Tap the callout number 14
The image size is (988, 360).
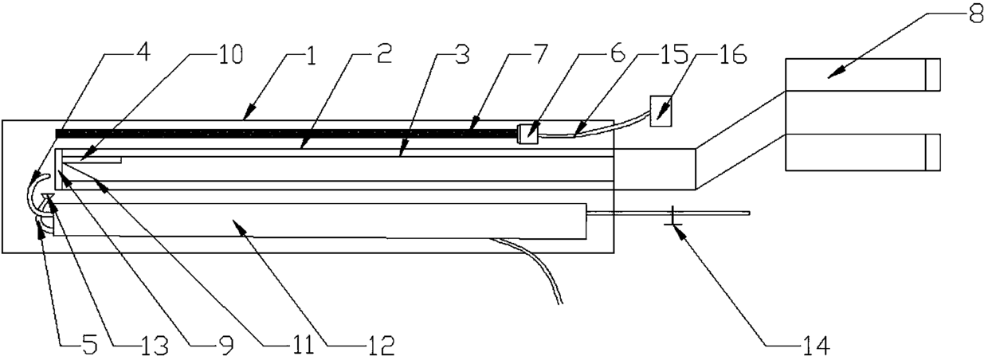point(815,345)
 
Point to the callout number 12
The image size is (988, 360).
point(379,345)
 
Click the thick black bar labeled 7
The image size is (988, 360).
point(287,132)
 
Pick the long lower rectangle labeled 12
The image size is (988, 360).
point(319,220)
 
